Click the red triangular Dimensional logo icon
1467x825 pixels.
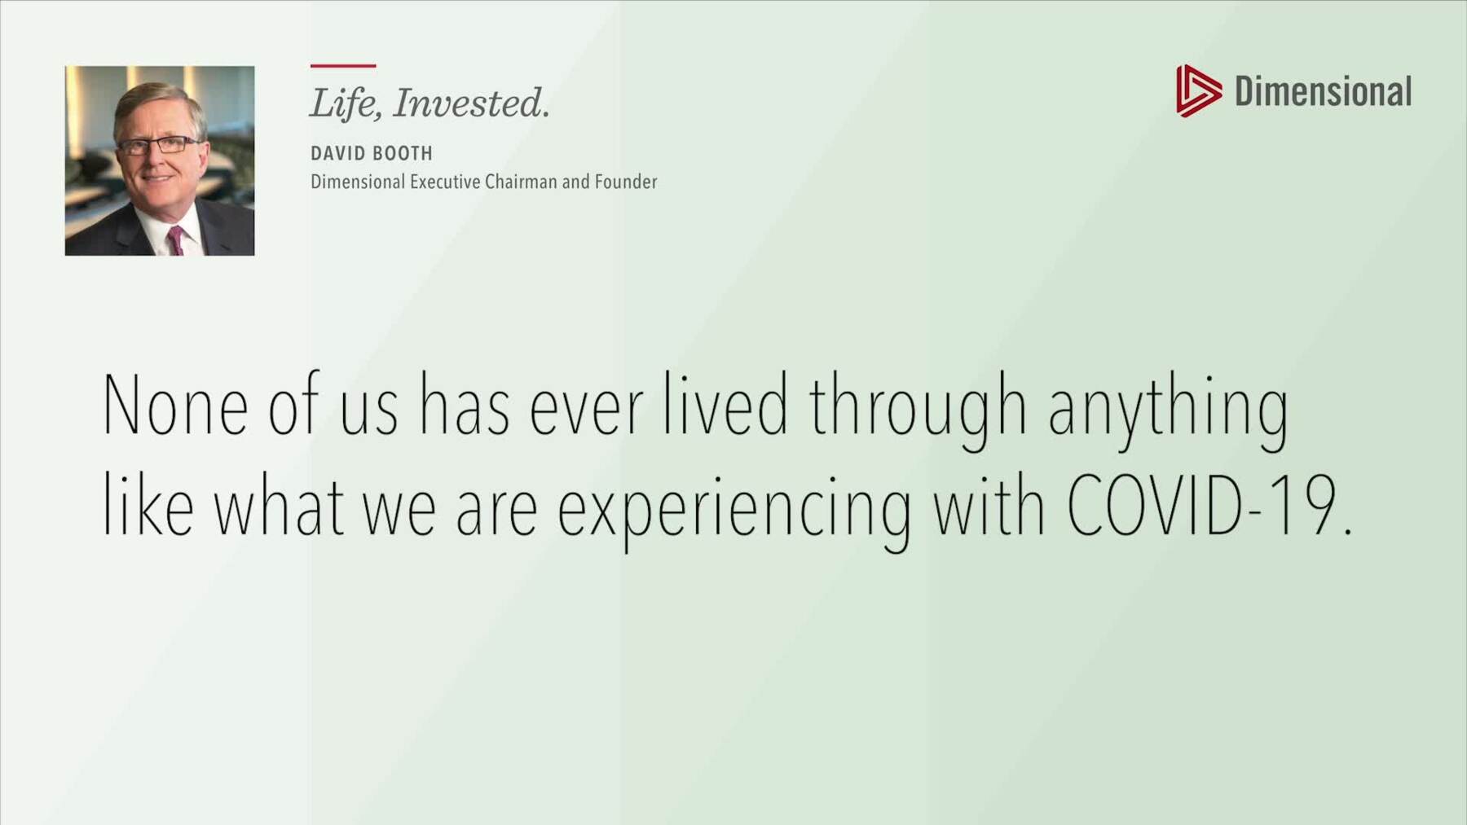[1198, 90]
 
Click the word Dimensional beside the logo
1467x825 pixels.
[1323, 91]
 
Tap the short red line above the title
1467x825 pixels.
[343, 65]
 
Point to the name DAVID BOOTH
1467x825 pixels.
[372, 153]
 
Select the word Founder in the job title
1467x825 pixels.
[626, 182]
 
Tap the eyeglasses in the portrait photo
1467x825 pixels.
[158, 146]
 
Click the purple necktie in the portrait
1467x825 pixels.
[175, 241]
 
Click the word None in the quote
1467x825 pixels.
[175, 406]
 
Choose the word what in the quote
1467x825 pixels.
[279, 505]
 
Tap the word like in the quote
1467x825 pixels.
[148, 505]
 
